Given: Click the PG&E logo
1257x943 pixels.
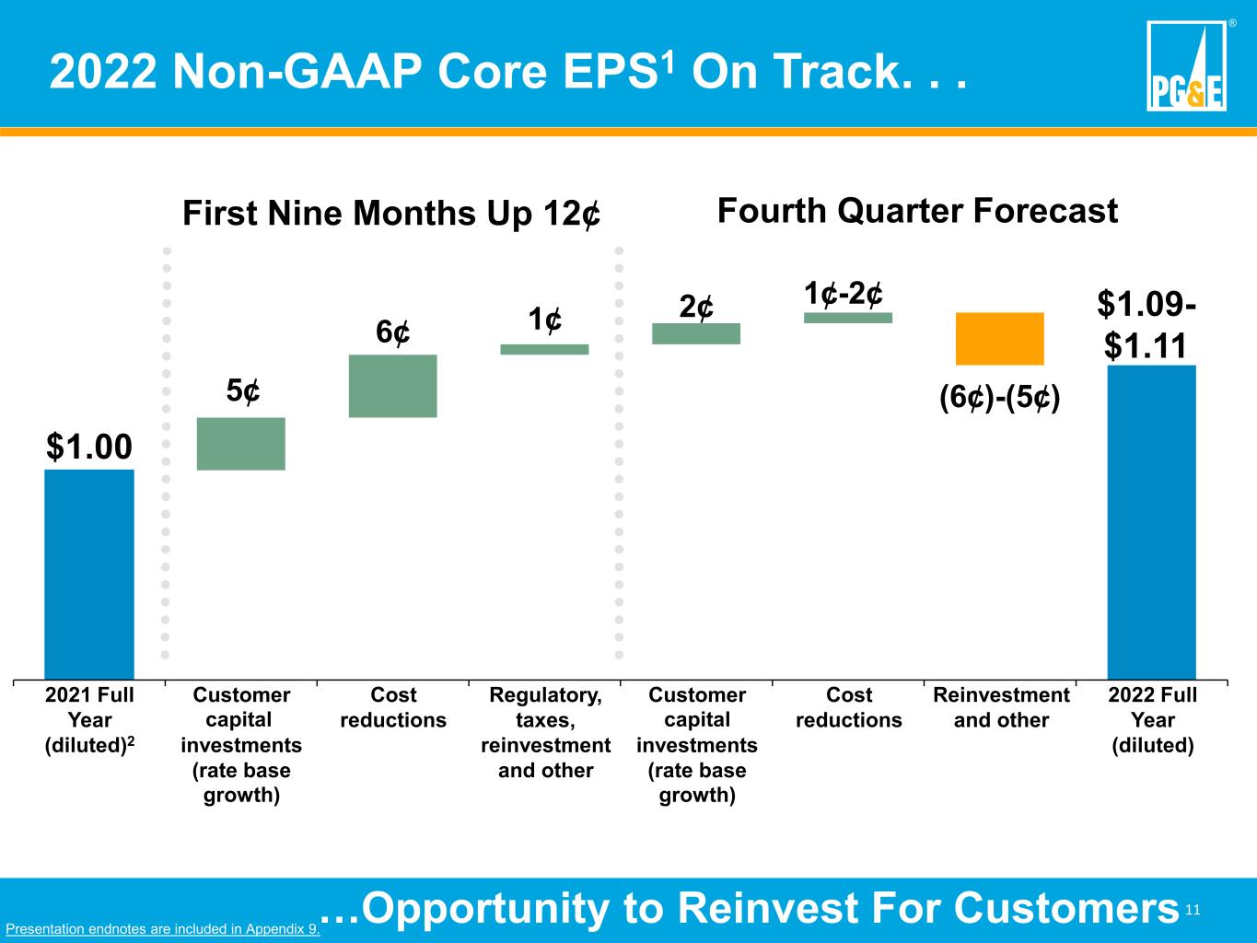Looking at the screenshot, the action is (1187, 65).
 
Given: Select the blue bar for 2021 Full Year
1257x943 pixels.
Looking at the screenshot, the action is (89, 575).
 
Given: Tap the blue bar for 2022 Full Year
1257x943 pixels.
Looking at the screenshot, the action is (1152, 523).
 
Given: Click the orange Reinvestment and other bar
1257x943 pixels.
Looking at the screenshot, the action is (1000, 338).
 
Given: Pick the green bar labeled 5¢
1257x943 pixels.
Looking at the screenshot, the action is (241, 444).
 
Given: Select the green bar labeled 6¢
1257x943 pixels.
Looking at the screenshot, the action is (393, 386).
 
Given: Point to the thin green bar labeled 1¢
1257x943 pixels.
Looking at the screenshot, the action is (544, 349).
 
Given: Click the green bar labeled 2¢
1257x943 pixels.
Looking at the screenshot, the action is (696, 333).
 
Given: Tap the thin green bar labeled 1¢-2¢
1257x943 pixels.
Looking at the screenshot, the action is (848, 318).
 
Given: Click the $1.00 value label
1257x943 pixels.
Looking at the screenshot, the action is (89, 447).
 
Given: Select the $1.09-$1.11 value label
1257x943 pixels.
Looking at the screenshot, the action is (1146, 325).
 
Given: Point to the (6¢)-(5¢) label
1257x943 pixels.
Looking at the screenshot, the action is (1000, 397).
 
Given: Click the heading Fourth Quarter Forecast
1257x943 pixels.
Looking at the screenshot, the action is (917, 211).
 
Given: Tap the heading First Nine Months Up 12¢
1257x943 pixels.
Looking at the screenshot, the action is (391, 214).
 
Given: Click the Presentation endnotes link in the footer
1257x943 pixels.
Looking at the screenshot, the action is (163, 928).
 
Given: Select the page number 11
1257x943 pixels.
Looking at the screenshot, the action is (1193, 910).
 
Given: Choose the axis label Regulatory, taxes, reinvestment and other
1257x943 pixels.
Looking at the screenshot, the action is (545, 732).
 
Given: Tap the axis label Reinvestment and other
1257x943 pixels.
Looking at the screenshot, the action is (1001, 707).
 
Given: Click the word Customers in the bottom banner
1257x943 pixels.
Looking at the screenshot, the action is (1066, 909).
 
